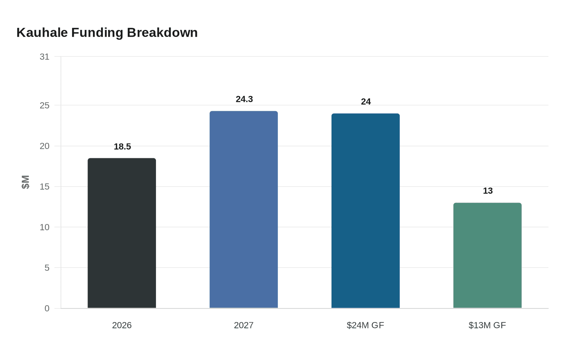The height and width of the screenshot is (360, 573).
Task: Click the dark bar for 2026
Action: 122,233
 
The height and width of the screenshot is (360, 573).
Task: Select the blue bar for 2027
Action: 244,209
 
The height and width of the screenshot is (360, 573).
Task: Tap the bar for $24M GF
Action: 365,211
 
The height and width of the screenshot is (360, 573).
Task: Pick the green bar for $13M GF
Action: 487,255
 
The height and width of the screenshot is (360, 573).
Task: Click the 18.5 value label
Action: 122,146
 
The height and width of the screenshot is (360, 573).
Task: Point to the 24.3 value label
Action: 244,99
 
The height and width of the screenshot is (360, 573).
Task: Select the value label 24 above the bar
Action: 366,101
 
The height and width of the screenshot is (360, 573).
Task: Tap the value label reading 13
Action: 487,191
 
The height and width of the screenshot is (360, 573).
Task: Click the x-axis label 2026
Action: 122,325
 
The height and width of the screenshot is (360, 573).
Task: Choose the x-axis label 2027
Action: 244,325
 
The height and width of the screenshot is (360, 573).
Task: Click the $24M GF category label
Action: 365,325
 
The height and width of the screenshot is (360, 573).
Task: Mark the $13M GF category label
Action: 487,325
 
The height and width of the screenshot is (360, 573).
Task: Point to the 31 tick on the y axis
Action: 44,57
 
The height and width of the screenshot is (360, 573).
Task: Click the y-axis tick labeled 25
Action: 44,106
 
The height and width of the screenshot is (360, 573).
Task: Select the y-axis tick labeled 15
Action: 44,187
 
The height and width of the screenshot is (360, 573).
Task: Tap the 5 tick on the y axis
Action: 47,268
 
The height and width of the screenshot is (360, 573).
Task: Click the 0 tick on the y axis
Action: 47,308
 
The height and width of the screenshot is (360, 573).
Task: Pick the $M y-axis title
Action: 25,182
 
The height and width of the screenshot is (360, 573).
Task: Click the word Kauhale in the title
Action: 42,32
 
